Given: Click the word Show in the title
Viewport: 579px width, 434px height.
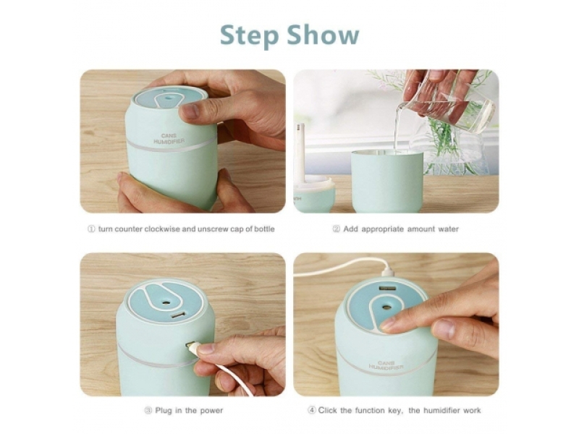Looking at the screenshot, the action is (x=323, y=35).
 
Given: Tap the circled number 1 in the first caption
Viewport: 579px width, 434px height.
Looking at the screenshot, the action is (x=91, y=229).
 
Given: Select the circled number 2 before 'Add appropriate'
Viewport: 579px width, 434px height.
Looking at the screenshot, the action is (x=336, y=229).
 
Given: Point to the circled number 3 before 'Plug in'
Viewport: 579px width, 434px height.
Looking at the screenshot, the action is (x=148, y=410).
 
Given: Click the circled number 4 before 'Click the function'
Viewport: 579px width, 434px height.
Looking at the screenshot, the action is (x=312, y=410).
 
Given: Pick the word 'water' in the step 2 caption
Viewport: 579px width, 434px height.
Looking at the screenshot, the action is (x=448, y=229).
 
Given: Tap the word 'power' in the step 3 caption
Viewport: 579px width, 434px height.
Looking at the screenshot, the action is (x=211, y=410).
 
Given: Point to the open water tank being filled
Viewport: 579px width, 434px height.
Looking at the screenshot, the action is (x=387, y=180).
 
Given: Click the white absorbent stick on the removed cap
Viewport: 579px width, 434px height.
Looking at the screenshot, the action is (x=300, y=152).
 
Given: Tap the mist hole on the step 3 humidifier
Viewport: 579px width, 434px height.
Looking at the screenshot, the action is (x=166, y=303).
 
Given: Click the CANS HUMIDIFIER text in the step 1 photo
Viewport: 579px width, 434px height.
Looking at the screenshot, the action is (x=169, y=139).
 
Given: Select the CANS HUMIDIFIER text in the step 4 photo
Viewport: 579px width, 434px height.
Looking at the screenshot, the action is (x=386, y=365).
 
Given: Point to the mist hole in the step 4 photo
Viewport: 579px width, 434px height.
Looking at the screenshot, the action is (x=387, y=307).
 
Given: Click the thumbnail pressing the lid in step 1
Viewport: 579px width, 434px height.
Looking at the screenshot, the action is (x=190, y=111).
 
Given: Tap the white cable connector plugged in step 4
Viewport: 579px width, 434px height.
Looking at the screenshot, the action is (x=388, y=273).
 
